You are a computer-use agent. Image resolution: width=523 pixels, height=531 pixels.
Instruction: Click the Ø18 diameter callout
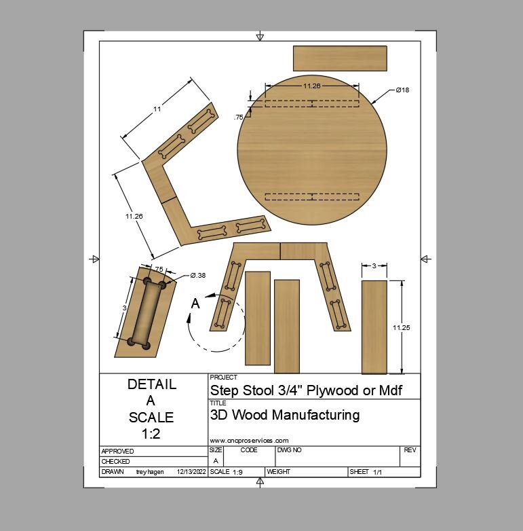click(402, 90)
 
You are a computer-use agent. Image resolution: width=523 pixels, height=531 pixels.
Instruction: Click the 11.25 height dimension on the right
click(402, 327)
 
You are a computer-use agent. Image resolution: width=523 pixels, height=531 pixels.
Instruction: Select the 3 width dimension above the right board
click(374, 265)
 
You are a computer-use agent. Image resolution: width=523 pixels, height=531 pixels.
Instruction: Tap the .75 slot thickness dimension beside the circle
click(239, 117)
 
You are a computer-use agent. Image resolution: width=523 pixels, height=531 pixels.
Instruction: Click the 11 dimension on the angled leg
click(157, 109)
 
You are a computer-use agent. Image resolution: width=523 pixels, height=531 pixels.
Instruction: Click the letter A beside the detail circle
click(195, 304)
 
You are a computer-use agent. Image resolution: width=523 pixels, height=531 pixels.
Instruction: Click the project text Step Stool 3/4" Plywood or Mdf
click(306, 390)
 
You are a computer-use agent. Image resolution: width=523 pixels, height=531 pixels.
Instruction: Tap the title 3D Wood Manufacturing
click(285, 415)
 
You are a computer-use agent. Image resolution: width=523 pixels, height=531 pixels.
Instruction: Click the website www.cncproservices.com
click(249, 440)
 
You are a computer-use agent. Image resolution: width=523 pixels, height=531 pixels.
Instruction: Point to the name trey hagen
click(150, 471)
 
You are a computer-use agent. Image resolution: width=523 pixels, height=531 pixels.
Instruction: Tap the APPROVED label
click(117, 451)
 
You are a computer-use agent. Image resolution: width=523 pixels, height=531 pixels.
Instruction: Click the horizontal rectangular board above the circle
click(340, 58)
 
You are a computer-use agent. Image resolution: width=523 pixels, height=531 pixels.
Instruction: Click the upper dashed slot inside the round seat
click(311, 104)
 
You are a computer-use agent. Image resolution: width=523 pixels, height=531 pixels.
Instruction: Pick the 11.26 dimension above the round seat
click(311, 86)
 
